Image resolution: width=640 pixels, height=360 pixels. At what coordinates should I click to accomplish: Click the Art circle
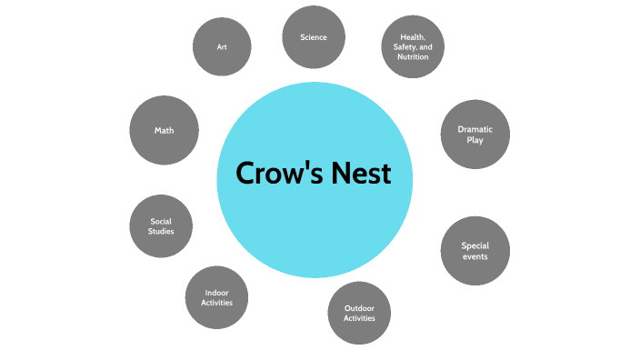[x=223, y=46]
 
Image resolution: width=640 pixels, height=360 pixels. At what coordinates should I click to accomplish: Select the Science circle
[x=313, y=37]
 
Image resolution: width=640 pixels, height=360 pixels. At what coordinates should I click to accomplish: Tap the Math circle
[x=164, y=130]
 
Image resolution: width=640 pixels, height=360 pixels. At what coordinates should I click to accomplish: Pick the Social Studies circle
[x=161, y=226]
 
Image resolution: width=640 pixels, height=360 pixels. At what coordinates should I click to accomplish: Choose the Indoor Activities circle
[x=216, y=297]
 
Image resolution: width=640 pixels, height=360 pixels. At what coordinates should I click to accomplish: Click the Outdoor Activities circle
[x=359, y=313]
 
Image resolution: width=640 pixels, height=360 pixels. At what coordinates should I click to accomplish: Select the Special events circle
[x=475, y=251]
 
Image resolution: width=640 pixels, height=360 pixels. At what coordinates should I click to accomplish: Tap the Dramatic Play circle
[x=475, y=135]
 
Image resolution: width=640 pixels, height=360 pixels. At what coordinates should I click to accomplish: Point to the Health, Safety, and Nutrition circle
[x=413, y=46]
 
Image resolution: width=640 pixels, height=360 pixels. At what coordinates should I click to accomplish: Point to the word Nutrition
[x=413, y=56]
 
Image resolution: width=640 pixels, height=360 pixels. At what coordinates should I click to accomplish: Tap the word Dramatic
[x=475, y=129]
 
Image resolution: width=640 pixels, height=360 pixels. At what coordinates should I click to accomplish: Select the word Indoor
[x=216, y=292]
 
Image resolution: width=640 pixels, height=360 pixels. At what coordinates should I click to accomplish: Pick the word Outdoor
[x=359, y=307]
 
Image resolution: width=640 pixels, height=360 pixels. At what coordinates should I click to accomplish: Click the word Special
[x=475, y=245]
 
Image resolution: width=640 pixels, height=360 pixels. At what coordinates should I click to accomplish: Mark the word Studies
[x=161, y=232]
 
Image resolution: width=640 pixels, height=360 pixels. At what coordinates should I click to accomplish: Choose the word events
[x=475, y=256]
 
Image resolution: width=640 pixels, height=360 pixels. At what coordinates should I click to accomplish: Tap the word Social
[x=161, y=221]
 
